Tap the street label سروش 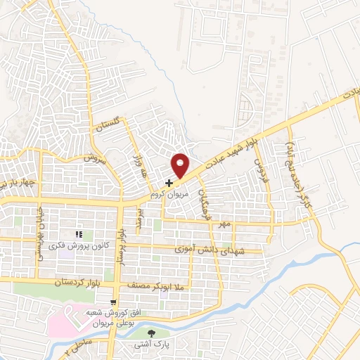point(94,158)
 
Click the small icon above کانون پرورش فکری point(79,234)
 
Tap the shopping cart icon point(112,303)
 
